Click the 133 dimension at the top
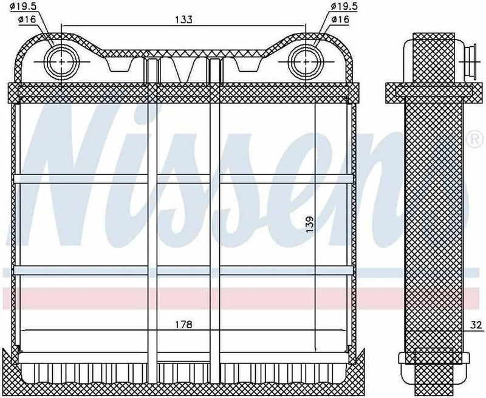click(185, 20)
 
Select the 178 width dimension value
click(185, 325)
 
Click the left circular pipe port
click(63, 61)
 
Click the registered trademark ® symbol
click(473, 138)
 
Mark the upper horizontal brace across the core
click(182, 178)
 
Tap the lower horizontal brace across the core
click(182, 270)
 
